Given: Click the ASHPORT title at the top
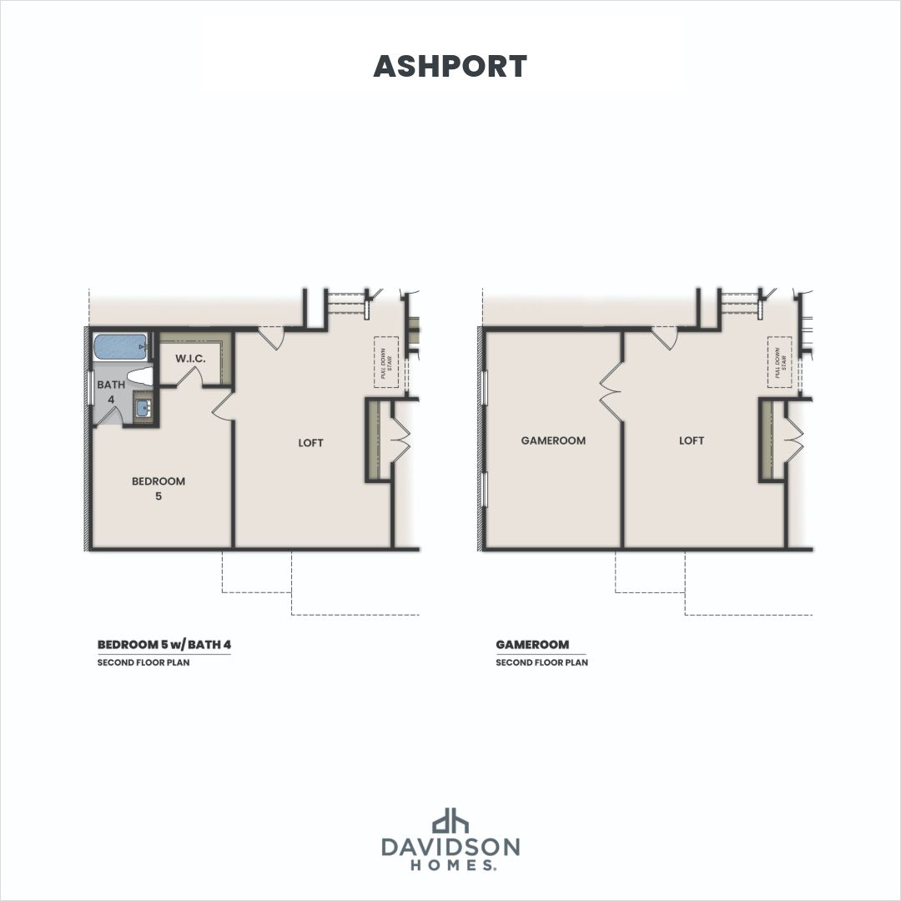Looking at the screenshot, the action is (450, 67).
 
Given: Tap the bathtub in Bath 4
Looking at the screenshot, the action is (120, 348).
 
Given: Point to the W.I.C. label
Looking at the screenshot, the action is (190, 359).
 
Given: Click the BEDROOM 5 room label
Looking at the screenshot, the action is (159, 488).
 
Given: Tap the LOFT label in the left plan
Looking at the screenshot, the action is (310, 442).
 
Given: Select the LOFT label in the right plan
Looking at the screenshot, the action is (692, 440).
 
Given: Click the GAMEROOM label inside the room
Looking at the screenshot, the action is (553, 440).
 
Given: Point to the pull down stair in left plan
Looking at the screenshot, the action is (386, 361).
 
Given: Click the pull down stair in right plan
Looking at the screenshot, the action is (780, 362).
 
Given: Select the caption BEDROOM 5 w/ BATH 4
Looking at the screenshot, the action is (164, 644).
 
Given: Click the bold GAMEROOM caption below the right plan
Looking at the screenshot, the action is (532, 644).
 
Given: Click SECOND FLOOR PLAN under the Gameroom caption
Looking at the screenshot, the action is (542, 662).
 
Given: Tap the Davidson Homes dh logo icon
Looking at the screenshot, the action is (450, 820).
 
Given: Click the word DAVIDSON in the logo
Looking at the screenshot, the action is (450, 847).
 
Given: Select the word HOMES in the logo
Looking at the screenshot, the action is (452, 865).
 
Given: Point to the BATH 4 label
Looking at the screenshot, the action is (111, 391).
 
